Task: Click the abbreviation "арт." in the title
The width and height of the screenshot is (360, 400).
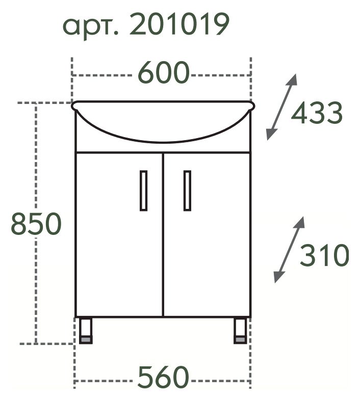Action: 90,26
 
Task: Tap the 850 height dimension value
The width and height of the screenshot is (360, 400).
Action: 36,224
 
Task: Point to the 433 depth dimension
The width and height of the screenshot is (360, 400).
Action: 317,113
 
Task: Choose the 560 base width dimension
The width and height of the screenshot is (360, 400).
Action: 163,378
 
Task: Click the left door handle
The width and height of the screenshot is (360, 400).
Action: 143,190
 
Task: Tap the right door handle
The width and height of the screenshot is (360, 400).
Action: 187,190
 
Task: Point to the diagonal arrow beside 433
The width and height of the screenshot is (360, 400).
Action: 281,107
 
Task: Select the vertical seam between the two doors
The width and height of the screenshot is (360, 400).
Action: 163,234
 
